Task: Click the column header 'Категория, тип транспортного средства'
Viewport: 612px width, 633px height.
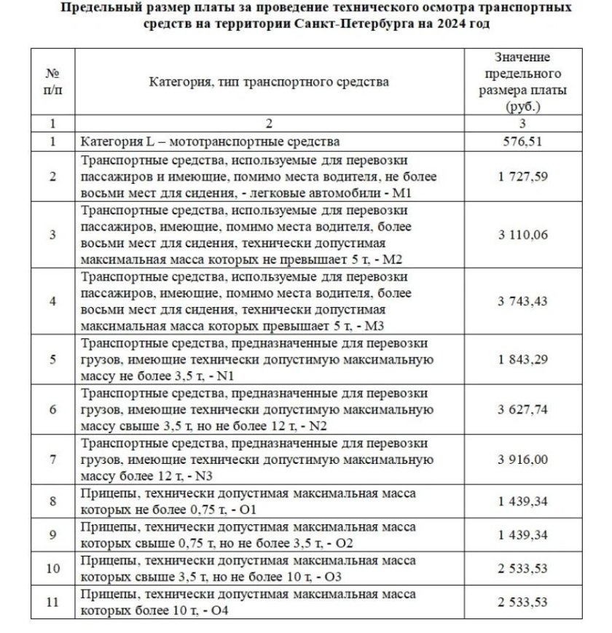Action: pos(269,82)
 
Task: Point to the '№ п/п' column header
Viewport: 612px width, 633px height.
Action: pos(52,82)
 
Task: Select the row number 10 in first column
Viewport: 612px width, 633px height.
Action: pos(52,570)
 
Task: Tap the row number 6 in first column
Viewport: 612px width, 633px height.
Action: pos(52,410)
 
